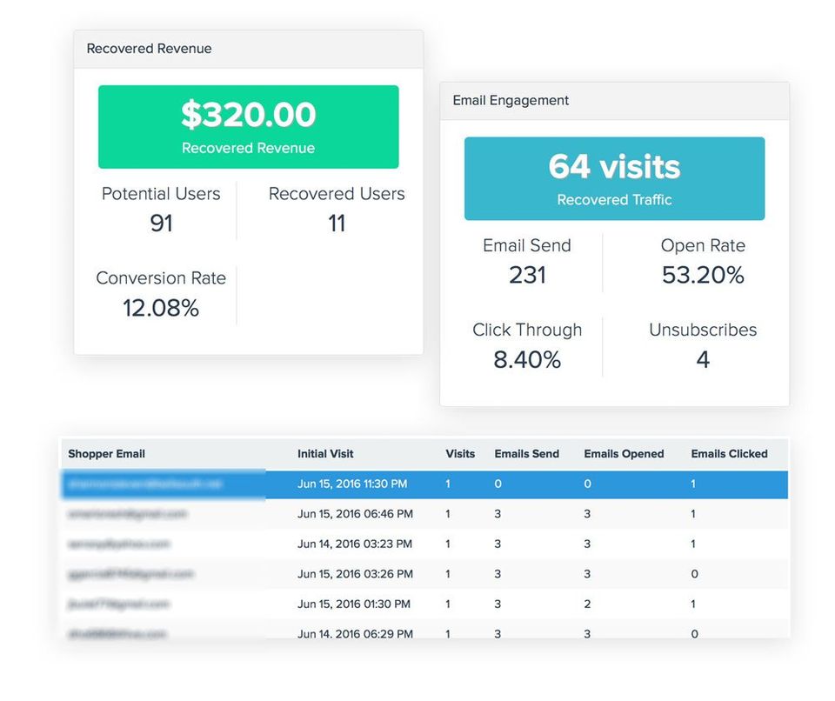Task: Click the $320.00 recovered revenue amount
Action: pyautogui.click(x=248, y=115)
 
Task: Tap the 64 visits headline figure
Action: pyautogui.click(x=614, y=166)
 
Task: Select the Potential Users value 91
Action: pyautogui.click(x=161, y=224)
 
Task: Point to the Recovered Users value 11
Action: pyautogui.click(x=337, y=224)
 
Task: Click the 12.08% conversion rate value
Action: pyautogui.click(x=161, y=308)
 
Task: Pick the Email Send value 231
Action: pyautogui.click(x=527, y=276)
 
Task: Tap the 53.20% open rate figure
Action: pyautogui.click(x=703, y=276)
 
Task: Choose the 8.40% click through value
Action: pyautogui.click(x=527, y=359)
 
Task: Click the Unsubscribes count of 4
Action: pyautogui.click(x=703, y=359)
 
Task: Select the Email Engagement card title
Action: pyautogui.click(x=511, y=101)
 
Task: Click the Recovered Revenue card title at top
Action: pyautogui.click(x=149, y=49)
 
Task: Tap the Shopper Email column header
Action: pyautogui.click(x=106, y=454)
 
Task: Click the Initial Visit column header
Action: pyautogui.click(x=325, y=454)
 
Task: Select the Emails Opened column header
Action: pyautogui.click(x=624, y=454)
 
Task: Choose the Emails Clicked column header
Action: pyautogui.click(x=729, y=454)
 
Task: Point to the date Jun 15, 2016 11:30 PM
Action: pyautogui.click(x=352, y=484)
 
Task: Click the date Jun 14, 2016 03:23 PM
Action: pyautogui.click(x=354, y=544)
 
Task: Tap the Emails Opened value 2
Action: pyautogui.click(x=587, y=604)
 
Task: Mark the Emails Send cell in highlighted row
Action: pyautogui.click(x=498, y=484)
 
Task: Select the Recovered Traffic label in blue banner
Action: pyautogui.click(x=614, y=200)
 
